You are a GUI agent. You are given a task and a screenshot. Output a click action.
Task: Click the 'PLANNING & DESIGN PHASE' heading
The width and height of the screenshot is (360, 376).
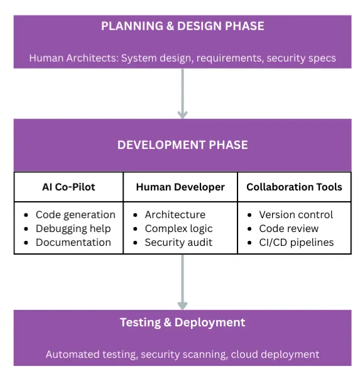click(x=182, y=26)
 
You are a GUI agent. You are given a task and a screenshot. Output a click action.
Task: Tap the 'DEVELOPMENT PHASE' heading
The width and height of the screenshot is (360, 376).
click(x=182, y=145)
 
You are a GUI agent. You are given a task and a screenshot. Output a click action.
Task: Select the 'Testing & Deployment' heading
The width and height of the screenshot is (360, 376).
click(x=182, y=323)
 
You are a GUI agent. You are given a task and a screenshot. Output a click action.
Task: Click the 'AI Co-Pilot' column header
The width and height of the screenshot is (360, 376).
click(x=68, y=187)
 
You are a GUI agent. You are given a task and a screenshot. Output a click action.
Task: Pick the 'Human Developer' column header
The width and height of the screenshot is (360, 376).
click(x=180, y=187)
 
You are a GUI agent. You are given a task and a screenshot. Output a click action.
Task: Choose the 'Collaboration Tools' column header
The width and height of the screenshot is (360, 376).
click(x=294, y=187)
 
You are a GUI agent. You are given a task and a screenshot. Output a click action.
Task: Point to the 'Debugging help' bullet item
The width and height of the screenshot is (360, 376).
click(x=73, y=228)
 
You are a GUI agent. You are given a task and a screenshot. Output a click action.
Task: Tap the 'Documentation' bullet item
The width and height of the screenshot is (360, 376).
click(x=73, y=242)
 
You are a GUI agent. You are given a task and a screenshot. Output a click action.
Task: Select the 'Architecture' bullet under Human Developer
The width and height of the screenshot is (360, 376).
click(x=175, y=214)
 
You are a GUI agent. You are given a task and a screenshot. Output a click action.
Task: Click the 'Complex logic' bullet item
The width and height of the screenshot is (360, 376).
click(x=178, y=228)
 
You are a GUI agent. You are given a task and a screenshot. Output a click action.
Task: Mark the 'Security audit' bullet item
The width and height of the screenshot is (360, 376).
click(x=178, y=242)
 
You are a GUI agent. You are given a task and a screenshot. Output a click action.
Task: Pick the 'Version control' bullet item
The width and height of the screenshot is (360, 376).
click(x=296, y=214)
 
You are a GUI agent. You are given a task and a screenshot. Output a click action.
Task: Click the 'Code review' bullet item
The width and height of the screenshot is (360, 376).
click(x=288, y=228)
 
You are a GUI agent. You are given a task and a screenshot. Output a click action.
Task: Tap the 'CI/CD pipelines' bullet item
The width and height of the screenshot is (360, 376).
click(x=296, y=242)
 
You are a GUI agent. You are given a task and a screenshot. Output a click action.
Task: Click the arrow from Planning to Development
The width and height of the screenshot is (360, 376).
click(x=182, y=93)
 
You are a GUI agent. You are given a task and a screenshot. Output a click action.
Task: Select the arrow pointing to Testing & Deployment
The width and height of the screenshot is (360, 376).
click(x=182, y=281)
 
